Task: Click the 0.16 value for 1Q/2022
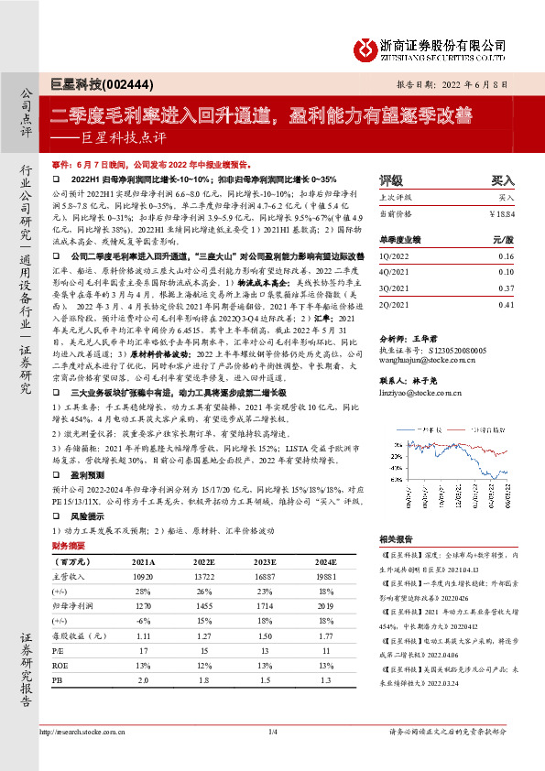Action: [x=507, y=257]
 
